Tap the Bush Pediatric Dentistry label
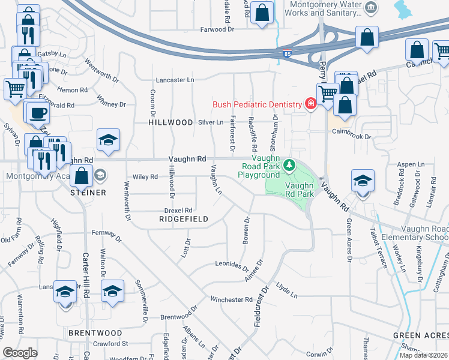pyautogui.click(x=257, y=104)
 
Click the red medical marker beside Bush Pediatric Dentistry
pyautogui.click(x=310, y=104)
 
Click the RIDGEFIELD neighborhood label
pyautogui.click(x=184, y=220)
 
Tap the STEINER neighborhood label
pyautogui.click(x=88, y=193)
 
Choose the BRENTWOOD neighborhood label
pyautogui.click(x=95, y=332)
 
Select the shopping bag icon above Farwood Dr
pyautogui.click(x=262, y=12)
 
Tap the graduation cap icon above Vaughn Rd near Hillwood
pyautogui.click(x=108, y=140)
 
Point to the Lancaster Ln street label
pyautogui.click(x=175, y=80)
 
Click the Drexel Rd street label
pyautogui.click(x=178, y=211)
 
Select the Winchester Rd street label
pyautogui.click(x=231, y=299)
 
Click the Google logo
pyautogui.click(x=20, y=353)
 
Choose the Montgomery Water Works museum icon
pyautogui.click(x=372, y=8)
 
